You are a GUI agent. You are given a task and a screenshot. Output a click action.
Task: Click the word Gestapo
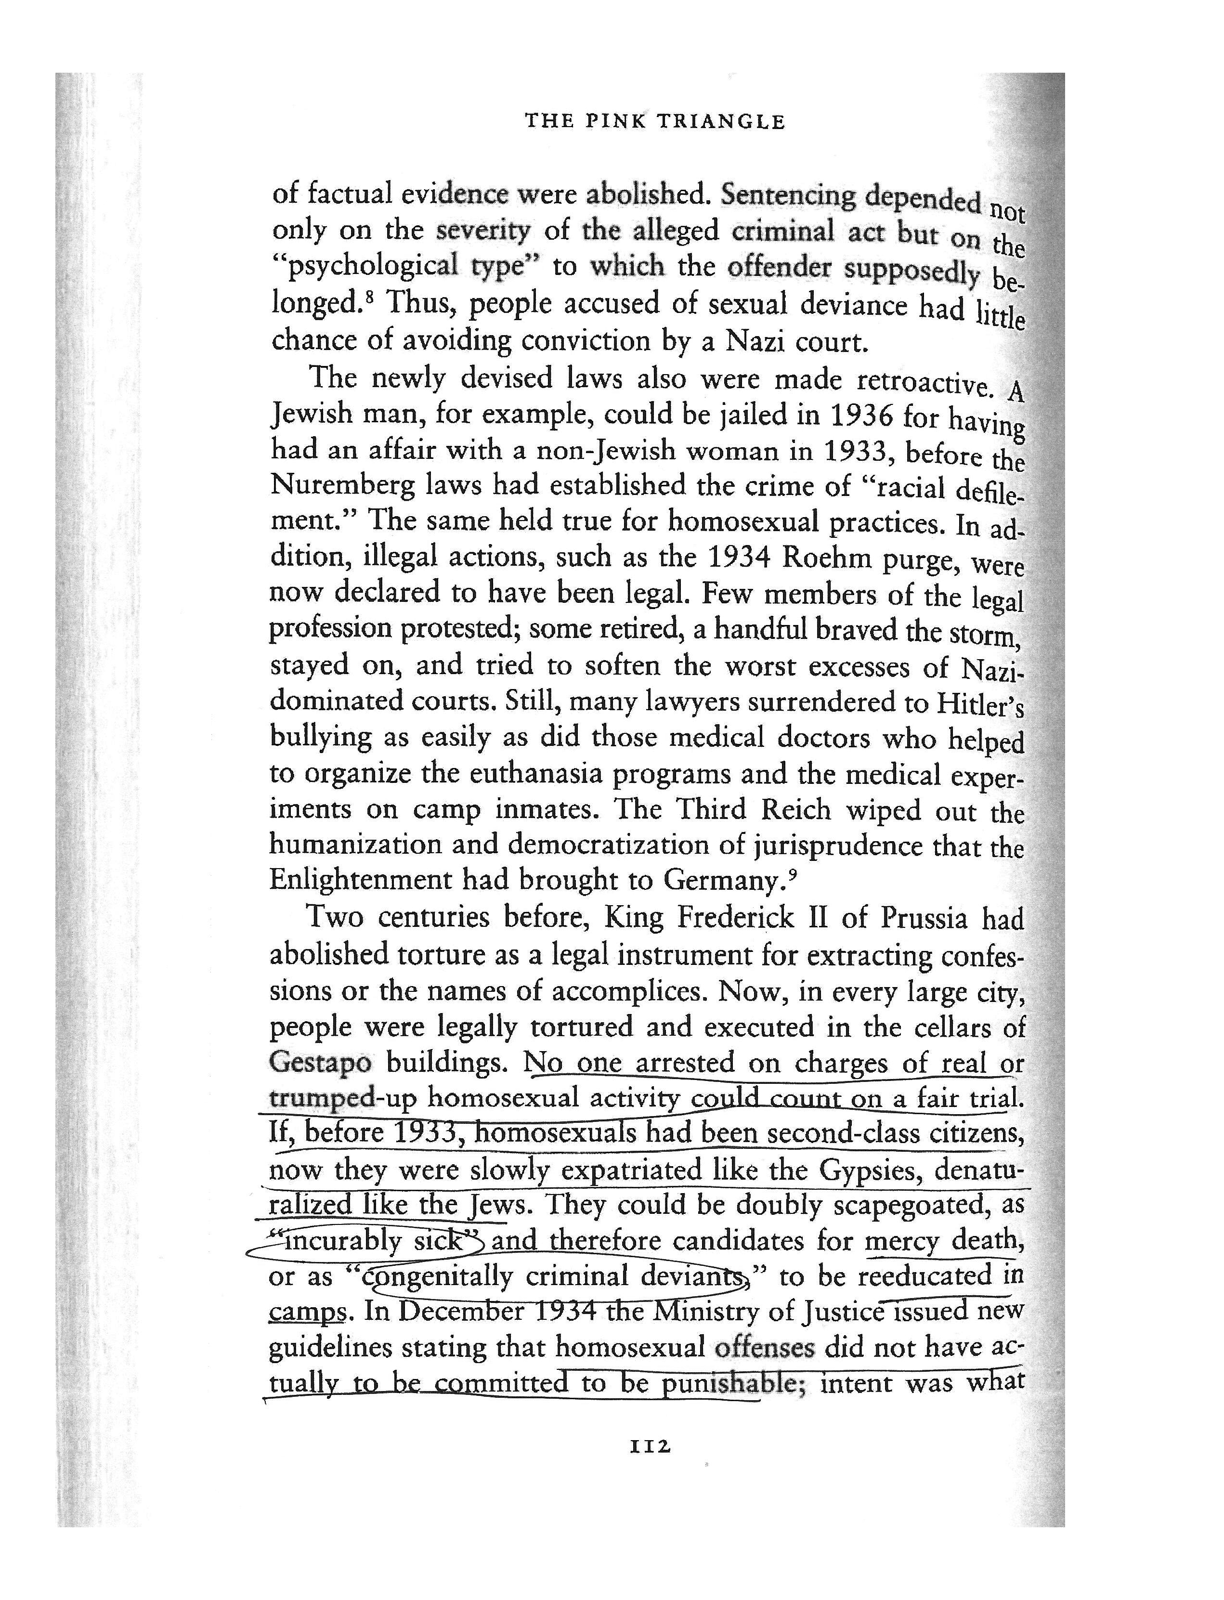(x=321, y=1063)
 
